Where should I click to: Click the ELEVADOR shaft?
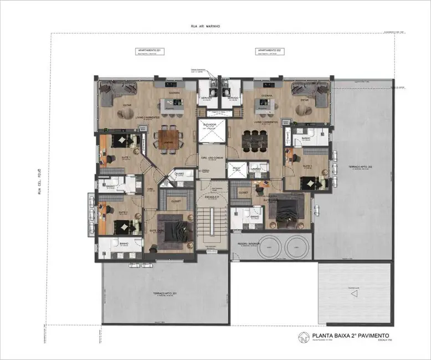pos(211,131)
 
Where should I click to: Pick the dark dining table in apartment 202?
pos(256,140)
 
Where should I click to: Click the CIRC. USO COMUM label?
pos(211,157)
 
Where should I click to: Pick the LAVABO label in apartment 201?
pos(178,173)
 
